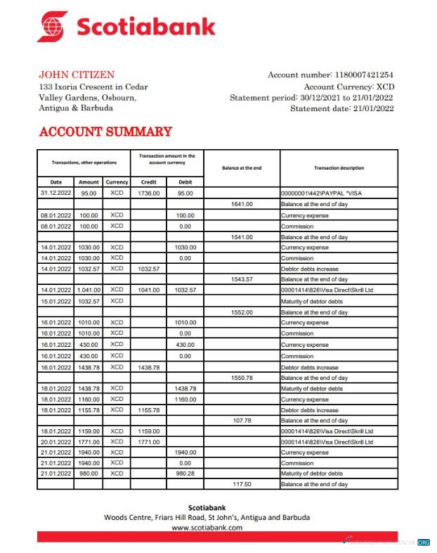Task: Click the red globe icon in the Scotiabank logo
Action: coord(53,26)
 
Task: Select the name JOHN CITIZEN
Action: coord(77,75)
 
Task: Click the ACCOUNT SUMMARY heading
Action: coord(105,132)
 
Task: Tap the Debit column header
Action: coord(185,182)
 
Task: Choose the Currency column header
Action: coord(117,182)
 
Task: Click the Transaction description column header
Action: coord(339,167)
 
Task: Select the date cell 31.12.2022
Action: coord(56,193)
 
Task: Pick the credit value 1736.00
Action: coord(149,193)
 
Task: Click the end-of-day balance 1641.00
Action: coord(242,204)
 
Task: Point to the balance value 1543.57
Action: coord(242,279)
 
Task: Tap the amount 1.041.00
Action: coord(89,290)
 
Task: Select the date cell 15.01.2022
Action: coord(56,301)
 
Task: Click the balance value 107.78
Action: coord(242,420)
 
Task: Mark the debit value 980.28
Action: coord(185,473)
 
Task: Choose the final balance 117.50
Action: coord(242,485)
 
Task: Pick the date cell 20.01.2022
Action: coord(56,442)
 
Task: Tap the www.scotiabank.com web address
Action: coord(207,526)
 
